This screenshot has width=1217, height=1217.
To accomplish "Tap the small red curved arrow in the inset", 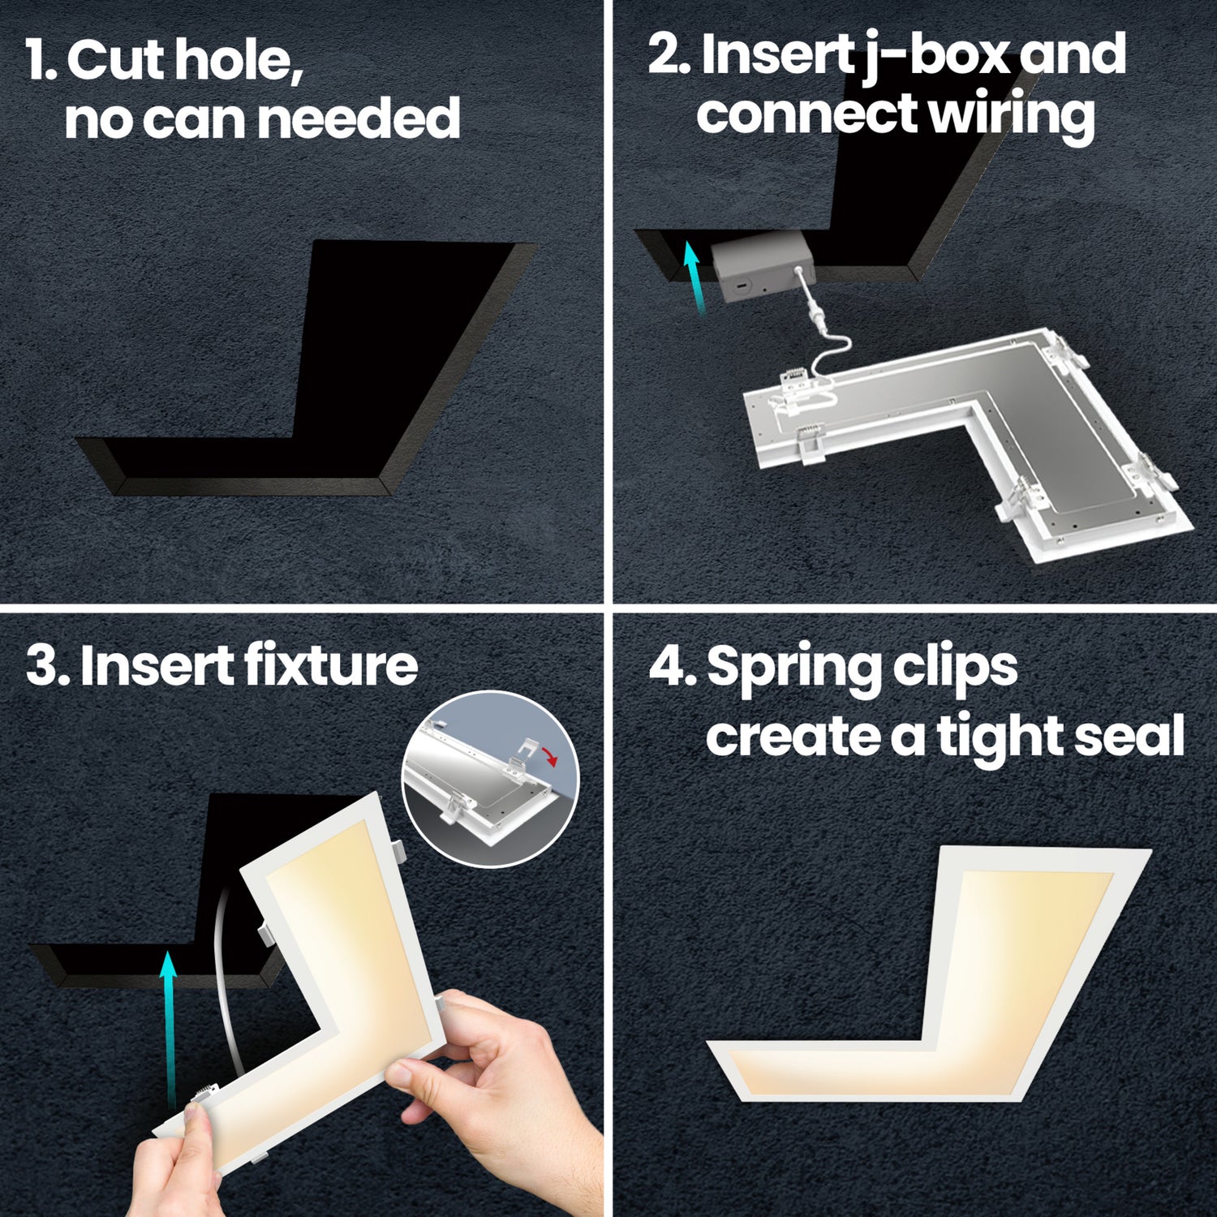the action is [552, 759].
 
